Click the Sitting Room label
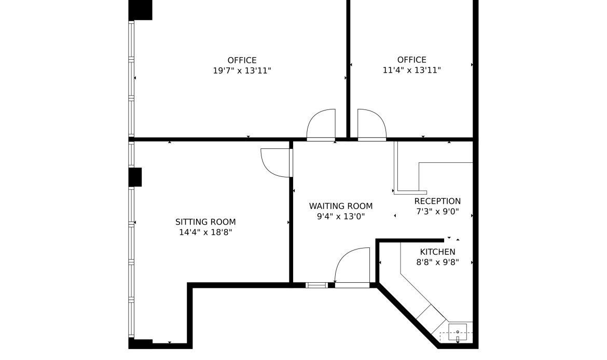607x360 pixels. tap(205, 222)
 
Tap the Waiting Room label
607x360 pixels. tap(341, 206)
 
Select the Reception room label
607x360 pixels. tap(437, 201)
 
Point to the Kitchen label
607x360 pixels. tap(437, 252)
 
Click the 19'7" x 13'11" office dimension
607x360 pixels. tap(242, 71)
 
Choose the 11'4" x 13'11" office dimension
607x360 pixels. tap(412, 71)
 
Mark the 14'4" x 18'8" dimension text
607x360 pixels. tap(205, 232)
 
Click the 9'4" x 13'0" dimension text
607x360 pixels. tap(341, 216)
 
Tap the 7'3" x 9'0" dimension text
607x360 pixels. tap(437, 212)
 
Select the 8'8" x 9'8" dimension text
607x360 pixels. tap(437, 262)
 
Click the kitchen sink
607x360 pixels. tap(458, 331)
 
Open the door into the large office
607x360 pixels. tap(321, 124)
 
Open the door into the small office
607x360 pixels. tap(371, 124)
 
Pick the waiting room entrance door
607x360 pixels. tap(352, 267)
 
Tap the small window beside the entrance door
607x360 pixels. tap(316, 285)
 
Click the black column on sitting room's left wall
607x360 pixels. tap(135, 177)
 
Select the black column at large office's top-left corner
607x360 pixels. tap(140, 9)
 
